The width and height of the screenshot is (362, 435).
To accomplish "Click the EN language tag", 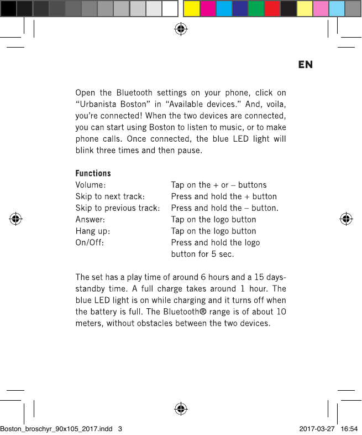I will click(305, 65).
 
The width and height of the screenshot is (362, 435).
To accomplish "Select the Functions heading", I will click(93, 173).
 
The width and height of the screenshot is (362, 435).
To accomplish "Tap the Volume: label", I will click(91, 185).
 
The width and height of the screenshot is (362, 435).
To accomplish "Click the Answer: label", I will click(90, 220).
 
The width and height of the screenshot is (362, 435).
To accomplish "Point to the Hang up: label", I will click(92, 231).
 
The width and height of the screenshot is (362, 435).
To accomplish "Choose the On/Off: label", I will click(88, 243).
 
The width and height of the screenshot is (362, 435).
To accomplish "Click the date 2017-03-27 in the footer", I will click(317, 429).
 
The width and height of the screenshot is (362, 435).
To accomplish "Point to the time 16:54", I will click(349, 429).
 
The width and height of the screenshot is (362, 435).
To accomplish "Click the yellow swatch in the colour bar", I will click(191, 9).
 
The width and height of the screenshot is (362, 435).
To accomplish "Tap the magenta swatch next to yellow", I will click(207, 9).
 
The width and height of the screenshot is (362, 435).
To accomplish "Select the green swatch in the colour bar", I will click(256, 9).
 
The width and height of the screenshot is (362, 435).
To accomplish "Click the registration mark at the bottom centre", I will click(180, 409).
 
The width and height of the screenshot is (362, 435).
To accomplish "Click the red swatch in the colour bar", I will click(272, 9).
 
